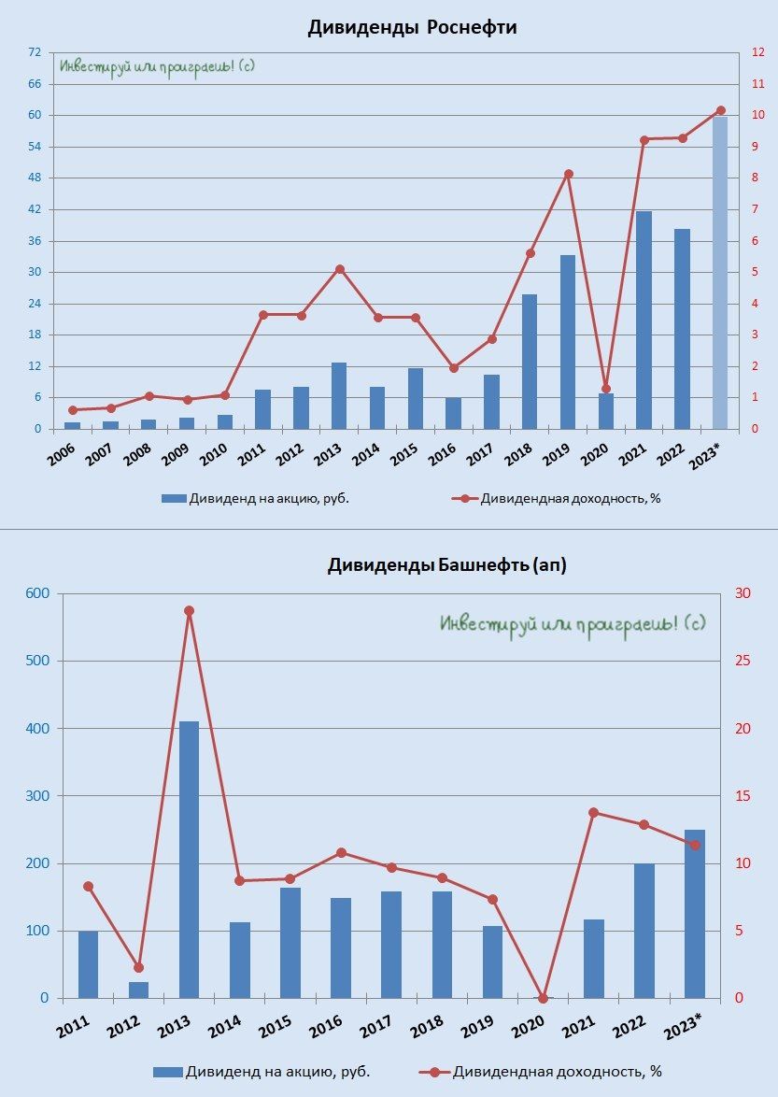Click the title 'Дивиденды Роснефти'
(x=412, y=28)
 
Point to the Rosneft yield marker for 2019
(x=568, y=174)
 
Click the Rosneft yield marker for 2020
(x=605, y=389)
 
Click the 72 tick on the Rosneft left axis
(x=35, y=52)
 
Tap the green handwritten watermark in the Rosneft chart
(x=157, y=67)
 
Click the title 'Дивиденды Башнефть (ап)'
(x=446, y=565)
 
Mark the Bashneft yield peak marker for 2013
(x=189, y=611)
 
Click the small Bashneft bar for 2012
(x=138, y=990)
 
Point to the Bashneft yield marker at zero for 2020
(x=543, y=998)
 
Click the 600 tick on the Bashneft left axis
(x=36, y=594)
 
